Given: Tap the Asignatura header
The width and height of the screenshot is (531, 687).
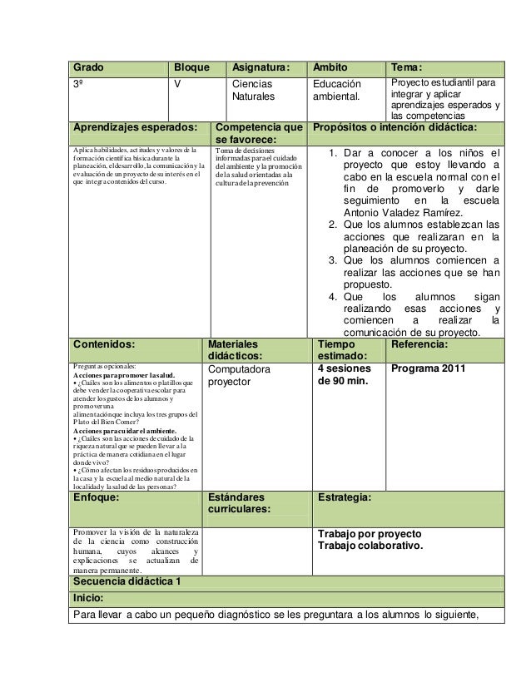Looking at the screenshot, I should (x=261, y=67).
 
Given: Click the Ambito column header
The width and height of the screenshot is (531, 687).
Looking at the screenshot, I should (x=330, y=67).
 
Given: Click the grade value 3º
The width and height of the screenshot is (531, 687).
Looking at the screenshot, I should (x=80, y=84).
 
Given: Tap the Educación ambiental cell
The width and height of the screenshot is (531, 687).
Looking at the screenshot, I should (x=337, y=91).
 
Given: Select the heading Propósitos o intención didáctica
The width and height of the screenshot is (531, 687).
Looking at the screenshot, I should (x=394, y=128).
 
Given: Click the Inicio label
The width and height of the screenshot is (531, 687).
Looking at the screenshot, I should (x=88, y=598).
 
